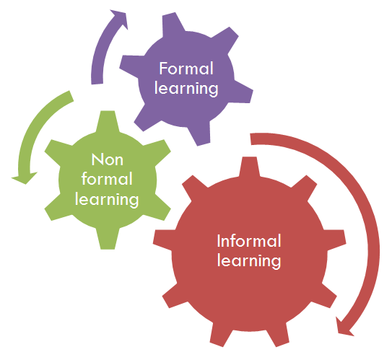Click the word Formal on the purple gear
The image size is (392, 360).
click(x=186, y=69)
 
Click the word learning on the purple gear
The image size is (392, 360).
click(x=186, y=89)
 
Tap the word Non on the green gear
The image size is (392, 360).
click(x=108, y=159)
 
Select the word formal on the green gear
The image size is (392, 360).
click(x=107, y=179)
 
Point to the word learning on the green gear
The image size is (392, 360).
click(x=107, y=200)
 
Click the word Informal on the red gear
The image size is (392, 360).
click(x=249, y=241)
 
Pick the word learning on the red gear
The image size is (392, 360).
click(x=249, y=261)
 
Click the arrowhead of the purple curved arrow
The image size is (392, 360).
click(x=121, y=18)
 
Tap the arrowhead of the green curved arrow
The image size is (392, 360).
click(x=25, y=177)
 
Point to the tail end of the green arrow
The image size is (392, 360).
click(x=71, y=96)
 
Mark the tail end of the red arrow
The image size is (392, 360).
click(x=251, y=139)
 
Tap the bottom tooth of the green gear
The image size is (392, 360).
click(x=108, y=240)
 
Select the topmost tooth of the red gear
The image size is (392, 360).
click(x=250, y=166)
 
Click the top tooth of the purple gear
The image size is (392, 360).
click(x=173, y=24)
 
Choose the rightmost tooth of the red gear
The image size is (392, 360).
click(x=335, y=240)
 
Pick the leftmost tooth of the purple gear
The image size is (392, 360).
click(x=131, y=66)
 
